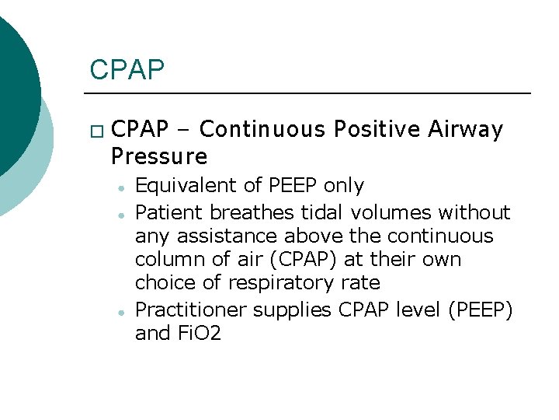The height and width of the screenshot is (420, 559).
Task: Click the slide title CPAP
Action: tap(127, 69)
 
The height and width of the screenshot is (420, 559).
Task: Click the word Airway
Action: tap(466, 129)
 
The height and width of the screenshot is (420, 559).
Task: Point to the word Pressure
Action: tap(159, 156)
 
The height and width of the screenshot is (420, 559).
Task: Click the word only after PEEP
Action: tap(343, 185)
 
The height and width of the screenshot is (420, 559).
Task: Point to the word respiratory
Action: tap(243, 282)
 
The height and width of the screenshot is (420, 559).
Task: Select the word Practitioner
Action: tap(183, 310)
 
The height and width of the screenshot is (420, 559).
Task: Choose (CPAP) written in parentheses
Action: tap(313, 259)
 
